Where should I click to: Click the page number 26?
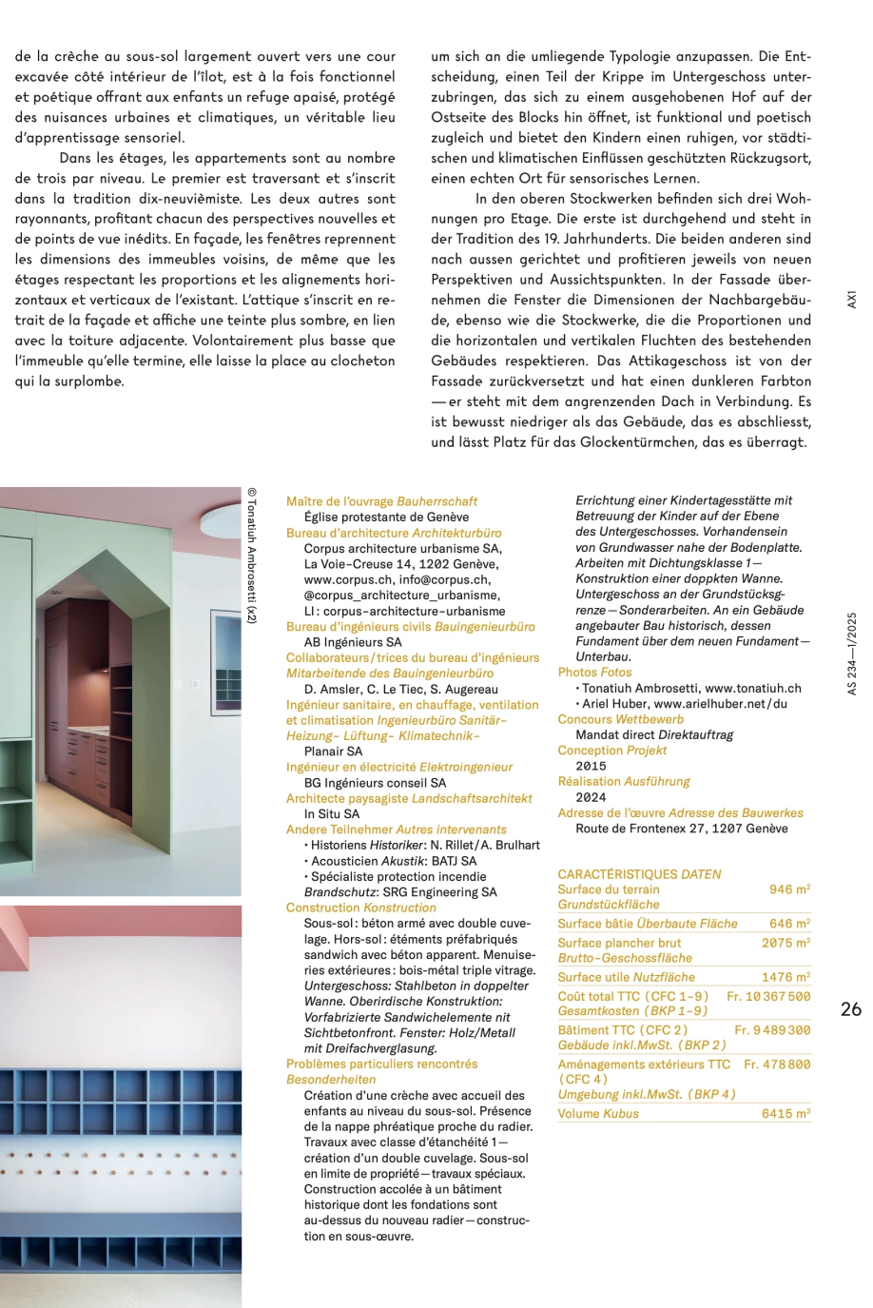click(851, 1009)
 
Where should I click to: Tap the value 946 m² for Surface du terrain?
click(789, 889)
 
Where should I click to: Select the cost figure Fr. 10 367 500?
click(768, 996)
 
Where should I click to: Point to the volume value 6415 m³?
click(786, 1113)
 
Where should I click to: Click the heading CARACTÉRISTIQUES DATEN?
click(639, 874)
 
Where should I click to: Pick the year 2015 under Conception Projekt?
click(591, 766)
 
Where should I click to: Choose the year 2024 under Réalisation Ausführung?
click(591, 797)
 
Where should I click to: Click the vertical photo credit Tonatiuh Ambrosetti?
click(251, 556)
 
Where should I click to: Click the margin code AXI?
click(852, 299)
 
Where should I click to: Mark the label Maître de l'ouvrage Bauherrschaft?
click(381, 501)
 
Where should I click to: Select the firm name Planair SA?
click(333, 752)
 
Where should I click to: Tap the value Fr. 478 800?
click(777, 1064)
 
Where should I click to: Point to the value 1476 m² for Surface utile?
click(786, 977)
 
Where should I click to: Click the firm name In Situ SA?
click(332, 814)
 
